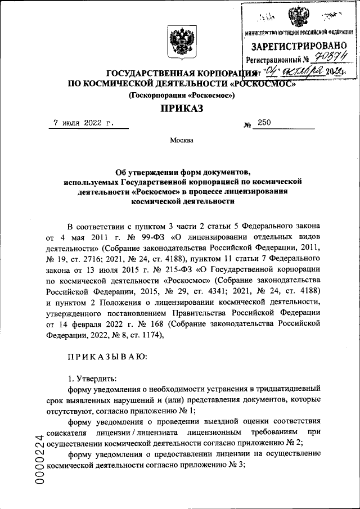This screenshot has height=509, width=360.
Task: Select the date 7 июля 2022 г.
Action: pyautogui.click(x=83, y=121)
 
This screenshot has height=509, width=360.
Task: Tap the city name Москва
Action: pyautogui.click(x=181, y=140)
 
